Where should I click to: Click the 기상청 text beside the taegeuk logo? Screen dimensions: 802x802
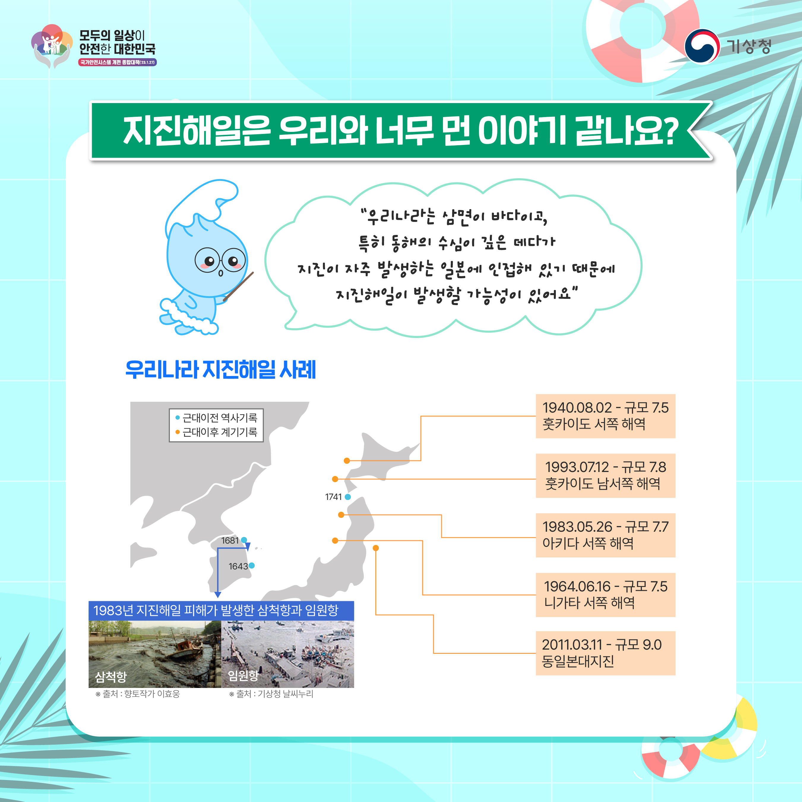[749, 47]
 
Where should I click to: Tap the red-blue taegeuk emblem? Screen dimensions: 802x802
[702, 47]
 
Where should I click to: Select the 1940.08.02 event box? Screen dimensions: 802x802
[605, 416]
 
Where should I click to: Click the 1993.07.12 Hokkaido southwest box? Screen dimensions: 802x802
[605, 476]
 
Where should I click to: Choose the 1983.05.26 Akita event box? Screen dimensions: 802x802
[605, 535]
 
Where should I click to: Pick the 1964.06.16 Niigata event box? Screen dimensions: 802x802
[605, 595]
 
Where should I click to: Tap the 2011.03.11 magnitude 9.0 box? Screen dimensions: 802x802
[605, 653]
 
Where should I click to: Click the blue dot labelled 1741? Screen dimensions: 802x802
[348, 497]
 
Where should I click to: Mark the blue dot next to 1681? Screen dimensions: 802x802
[244, 540]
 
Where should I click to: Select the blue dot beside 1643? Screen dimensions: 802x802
[251, 565]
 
